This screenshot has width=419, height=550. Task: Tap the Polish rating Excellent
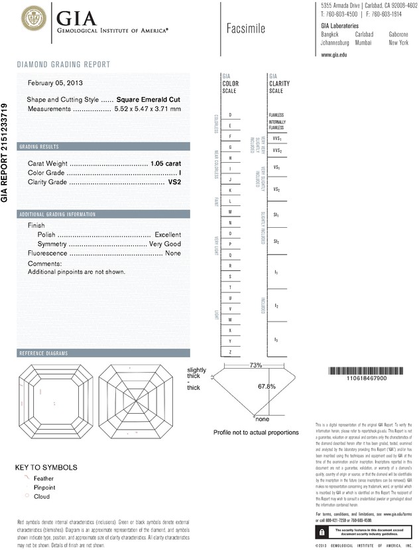168,235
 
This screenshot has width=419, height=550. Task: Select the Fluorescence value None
173,254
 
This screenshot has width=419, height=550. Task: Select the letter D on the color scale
230,115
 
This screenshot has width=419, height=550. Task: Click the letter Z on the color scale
230,351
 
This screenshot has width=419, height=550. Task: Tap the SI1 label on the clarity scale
276,216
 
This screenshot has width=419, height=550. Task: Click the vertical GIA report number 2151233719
6,153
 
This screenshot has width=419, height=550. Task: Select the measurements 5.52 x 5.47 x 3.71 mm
147,108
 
